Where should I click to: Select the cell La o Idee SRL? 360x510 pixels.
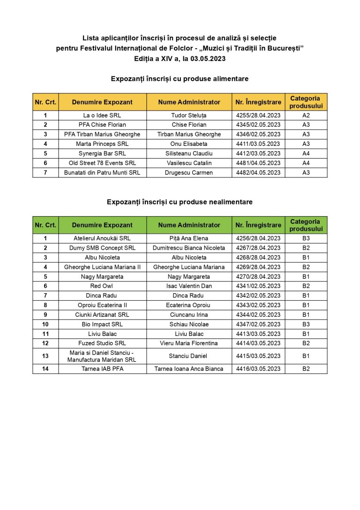(x=102, y=115)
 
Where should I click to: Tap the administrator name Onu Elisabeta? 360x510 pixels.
(x=189, y=144)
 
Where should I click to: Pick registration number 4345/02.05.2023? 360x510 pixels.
(x=258, y=125)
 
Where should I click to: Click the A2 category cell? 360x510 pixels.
(x=306, y=115)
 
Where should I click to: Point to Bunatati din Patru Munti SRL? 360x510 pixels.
(x=102, y=173)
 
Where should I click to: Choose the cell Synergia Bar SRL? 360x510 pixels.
(x=102, y=153)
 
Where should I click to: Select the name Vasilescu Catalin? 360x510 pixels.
(x=189, y=163)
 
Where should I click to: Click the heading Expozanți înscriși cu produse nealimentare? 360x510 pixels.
(x=180, y=202)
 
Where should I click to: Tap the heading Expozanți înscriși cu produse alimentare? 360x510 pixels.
(x=180, y=79)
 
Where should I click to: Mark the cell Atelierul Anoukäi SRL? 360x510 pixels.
(x=102, y=238)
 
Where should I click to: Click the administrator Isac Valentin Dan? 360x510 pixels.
(x=189, y=286)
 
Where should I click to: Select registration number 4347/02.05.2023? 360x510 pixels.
(x=258, y=324)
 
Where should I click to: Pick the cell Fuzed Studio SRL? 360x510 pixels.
(x=102, y=343)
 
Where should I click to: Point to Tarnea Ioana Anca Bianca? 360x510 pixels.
(x=189, y=369)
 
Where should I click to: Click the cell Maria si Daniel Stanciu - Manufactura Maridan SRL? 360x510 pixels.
(x=102, y=356)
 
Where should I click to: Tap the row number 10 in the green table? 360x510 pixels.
(x=45, y=324)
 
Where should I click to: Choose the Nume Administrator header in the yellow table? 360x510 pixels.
(x=189, y=102)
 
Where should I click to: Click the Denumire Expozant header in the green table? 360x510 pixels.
(x=102, y=225)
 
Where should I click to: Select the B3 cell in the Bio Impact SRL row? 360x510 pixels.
(x=306, y=324)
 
